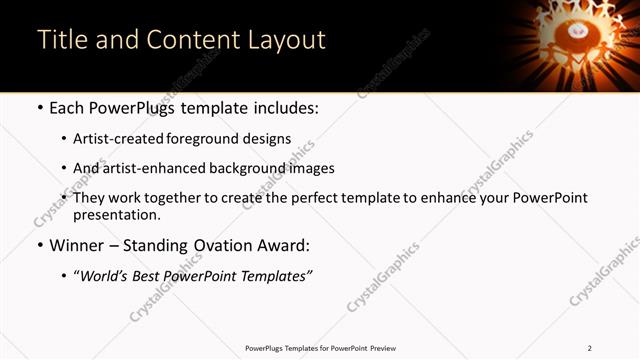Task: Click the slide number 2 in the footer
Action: (590, 348)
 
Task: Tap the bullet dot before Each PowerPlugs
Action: (40, 108)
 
